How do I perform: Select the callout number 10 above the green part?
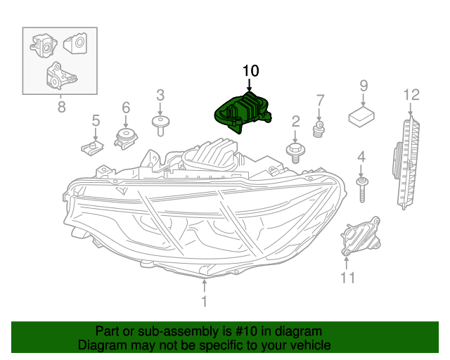point(250,71)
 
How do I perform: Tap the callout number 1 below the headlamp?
point(204,302)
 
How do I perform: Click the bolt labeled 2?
point(295,149)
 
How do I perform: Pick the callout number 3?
point(160,95)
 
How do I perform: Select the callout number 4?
point(361,156)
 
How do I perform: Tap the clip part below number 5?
point(91,146)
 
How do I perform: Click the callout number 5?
point(96,121)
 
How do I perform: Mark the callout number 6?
point(126,108)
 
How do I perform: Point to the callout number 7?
point(320,100)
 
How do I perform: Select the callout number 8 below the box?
point(60,107)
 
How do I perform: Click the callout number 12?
point(411,94)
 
